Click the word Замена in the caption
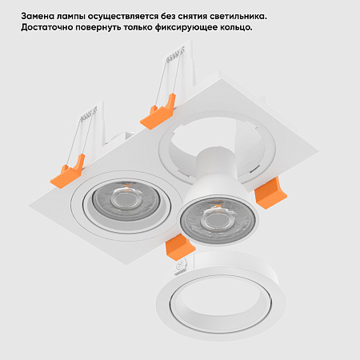[40, 16]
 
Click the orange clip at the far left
[69, 170]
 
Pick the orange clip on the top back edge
[158, 112]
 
